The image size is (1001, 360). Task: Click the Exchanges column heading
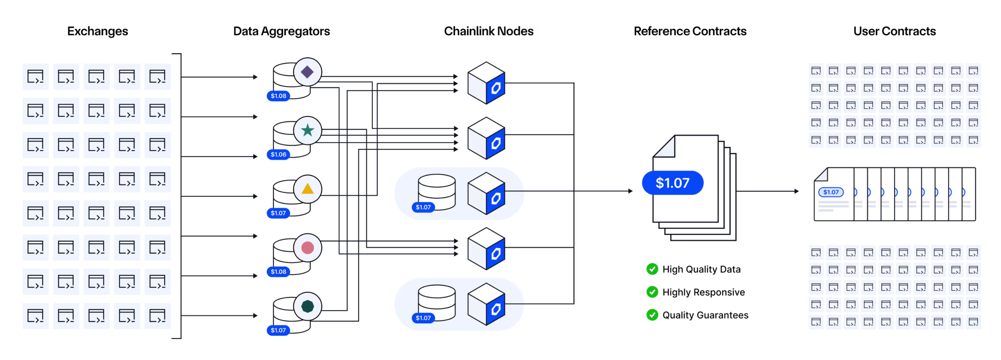tap(98, 31)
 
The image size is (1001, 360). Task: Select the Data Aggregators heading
tap(281, 31)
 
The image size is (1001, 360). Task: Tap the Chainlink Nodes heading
tap(489, 31)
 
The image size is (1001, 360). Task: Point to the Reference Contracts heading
tap(690, 31)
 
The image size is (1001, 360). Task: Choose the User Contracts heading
tap(894, 31)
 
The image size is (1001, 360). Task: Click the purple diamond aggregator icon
tap(307, 72)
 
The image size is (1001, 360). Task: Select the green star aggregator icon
tap(307, 130)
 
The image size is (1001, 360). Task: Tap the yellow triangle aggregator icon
tap(307, 189)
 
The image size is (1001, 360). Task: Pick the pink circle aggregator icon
tap(307, 248)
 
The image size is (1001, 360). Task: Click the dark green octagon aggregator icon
tap(307, 306)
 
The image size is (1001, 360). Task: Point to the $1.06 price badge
tap(278, 154)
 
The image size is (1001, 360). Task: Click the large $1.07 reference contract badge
tap(672, 183)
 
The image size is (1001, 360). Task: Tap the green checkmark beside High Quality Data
tap(652, 269)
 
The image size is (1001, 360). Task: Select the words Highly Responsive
tap(703, 292)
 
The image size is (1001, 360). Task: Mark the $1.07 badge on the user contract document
tap(831, 192)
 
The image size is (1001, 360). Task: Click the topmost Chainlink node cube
tap(486, 83)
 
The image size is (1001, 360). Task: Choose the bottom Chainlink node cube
tap(486, 304)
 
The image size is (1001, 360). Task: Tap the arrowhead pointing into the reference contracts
tap(630, 191)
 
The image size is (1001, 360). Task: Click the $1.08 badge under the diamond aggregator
tap(278, 96)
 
